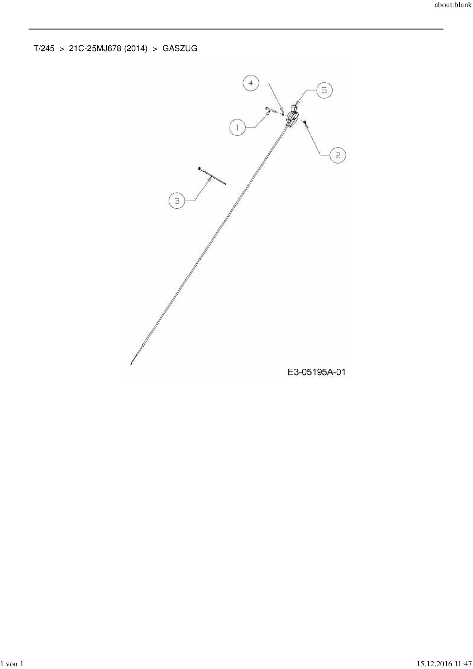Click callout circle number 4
click(x=251, y=83)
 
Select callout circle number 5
click(x=324, y=90)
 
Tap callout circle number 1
click(x=238, y=127)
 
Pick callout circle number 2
click(x=338, y=155)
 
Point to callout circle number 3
click(x=177, y=201)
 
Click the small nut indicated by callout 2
click(x=305, y=122)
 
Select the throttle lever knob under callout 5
click(x=294, y=108)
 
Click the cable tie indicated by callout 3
click(x=212, y=176)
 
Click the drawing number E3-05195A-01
click(x=317, y=372)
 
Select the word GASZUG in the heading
click(x=180, y=48)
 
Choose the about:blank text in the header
click(x=453, y=6)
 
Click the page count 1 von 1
click(x=13, y=664)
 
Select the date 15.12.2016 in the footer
click(x=433, y=664)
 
